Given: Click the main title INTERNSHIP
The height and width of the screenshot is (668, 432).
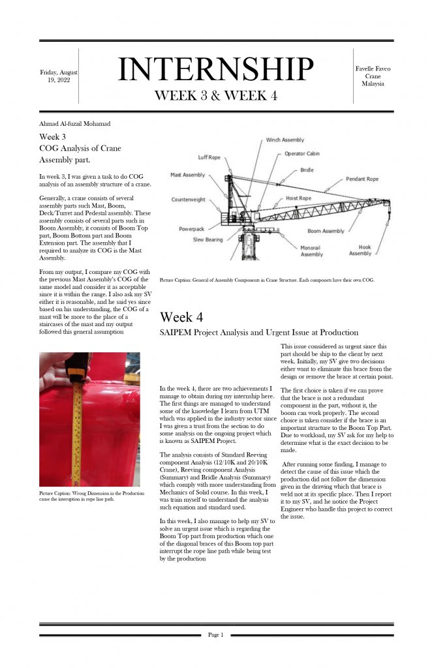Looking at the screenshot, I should tap(215, 69).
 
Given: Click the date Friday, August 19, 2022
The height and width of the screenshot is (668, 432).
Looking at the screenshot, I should tap(59, 76).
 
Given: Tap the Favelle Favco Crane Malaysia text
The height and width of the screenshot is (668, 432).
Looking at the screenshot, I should tap(373, 76).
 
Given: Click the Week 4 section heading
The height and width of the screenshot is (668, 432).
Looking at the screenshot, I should tap(181, 317).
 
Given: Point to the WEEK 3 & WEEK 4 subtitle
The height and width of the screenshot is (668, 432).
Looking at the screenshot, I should tap(215, 95).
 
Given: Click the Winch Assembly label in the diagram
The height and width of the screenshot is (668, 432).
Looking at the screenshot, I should tap(285, 140).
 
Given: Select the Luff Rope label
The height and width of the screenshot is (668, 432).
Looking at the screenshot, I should tap(209, 157).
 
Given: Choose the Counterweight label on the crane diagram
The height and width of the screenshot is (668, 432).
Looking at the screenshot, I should tap(189, 200).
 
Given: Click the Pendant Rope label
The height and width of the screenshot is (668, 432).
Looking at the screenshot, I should tap(362, 179).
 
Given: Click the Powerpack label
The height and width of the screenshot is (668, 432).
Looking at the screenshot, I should tap(193, 229).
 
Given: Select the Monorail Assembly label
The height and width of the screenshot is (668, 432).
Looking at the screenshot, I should tap(311, 251).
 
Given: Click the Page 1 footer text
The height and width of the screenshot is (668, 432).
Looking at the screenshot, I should tap(215, 635).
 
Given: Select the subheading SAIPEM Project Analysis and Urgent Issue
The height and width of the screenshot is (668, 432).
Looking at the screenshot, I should tap(259, 333).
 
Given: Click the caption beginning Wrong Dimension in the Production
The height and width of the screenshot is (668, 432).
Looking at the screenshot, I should tap(91, 496).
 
